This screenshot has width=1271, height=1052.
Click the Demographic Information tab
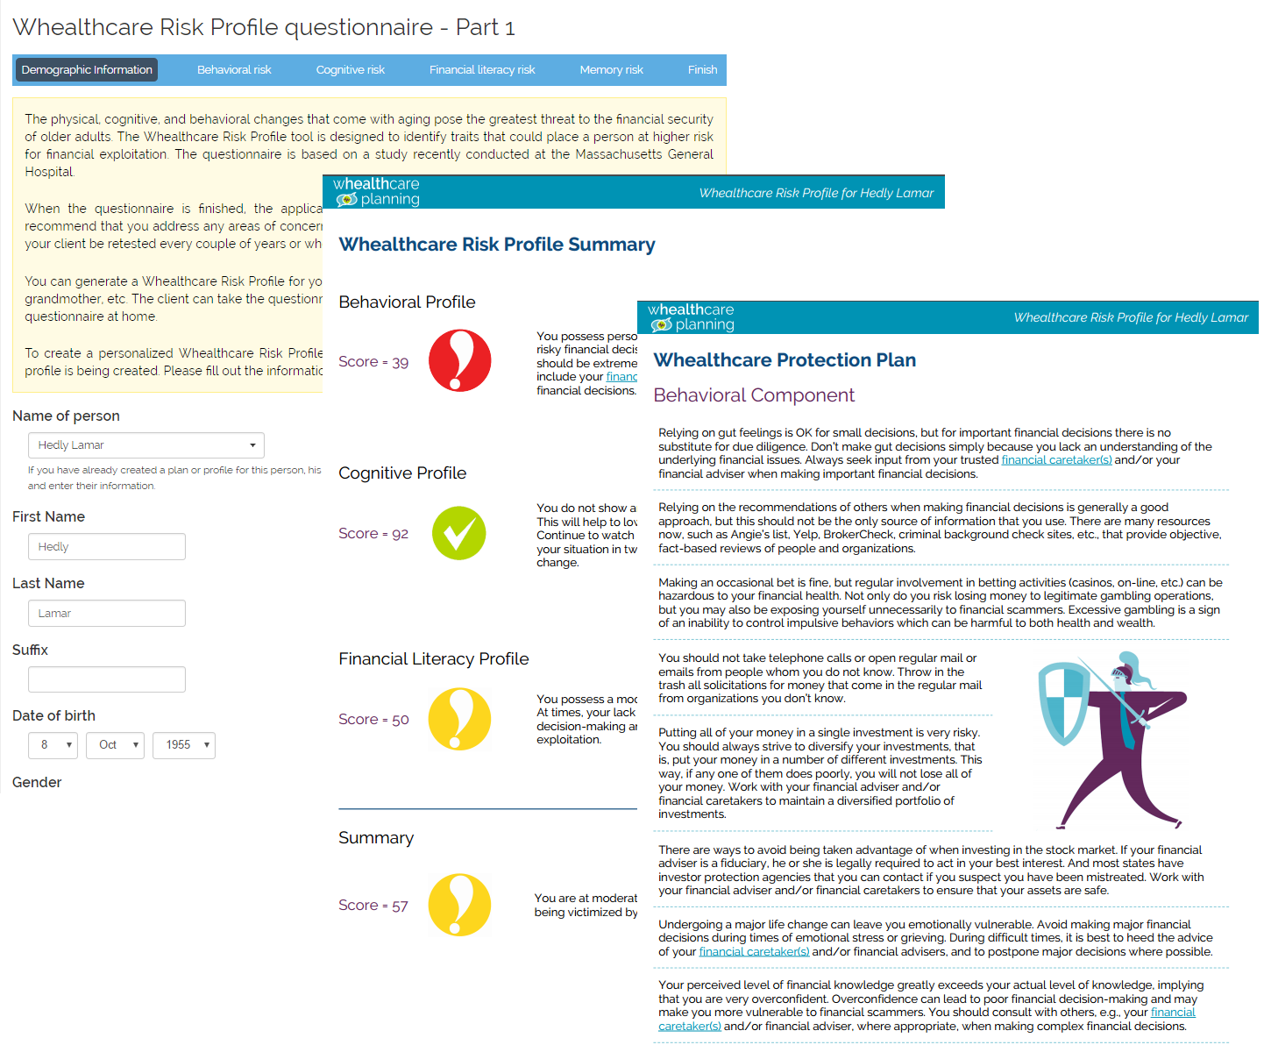87,70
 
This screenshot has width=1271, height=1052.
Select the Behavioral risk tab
234,70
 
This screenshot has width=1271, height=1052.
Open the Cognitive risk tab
350,70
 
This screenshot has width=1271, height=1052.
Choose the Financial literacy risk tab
482,70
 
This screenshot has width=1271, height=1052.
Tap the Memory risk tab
611,70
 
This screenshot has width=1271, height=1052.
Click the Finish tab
702,70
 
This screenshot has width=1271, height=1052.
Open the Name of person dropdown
146,445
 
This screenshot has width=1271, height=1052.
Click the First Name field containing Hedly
107,547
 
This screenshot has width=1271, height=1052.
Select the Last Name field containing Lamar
107,614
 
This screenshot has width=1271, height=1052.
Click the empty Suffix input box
107,679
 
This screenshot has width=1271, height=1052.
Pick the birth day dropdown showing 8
53,745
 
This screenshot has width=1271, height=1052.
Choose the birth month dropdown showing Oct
116,745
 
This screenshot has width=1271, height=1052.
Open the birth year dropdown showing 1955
184,745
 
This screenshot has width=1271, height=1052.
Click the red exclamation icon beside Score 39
459,360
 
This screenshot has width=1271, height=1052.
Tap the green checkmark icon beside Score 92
459,533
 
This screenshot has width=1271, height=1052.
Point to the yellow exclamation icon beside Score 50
459,719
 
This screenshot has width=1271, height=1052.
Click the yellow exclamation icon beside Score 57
459,905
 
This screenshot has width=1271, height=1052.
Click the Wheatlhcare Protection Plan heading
785,360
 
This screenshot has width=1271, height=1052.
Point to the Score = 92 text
373,534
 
